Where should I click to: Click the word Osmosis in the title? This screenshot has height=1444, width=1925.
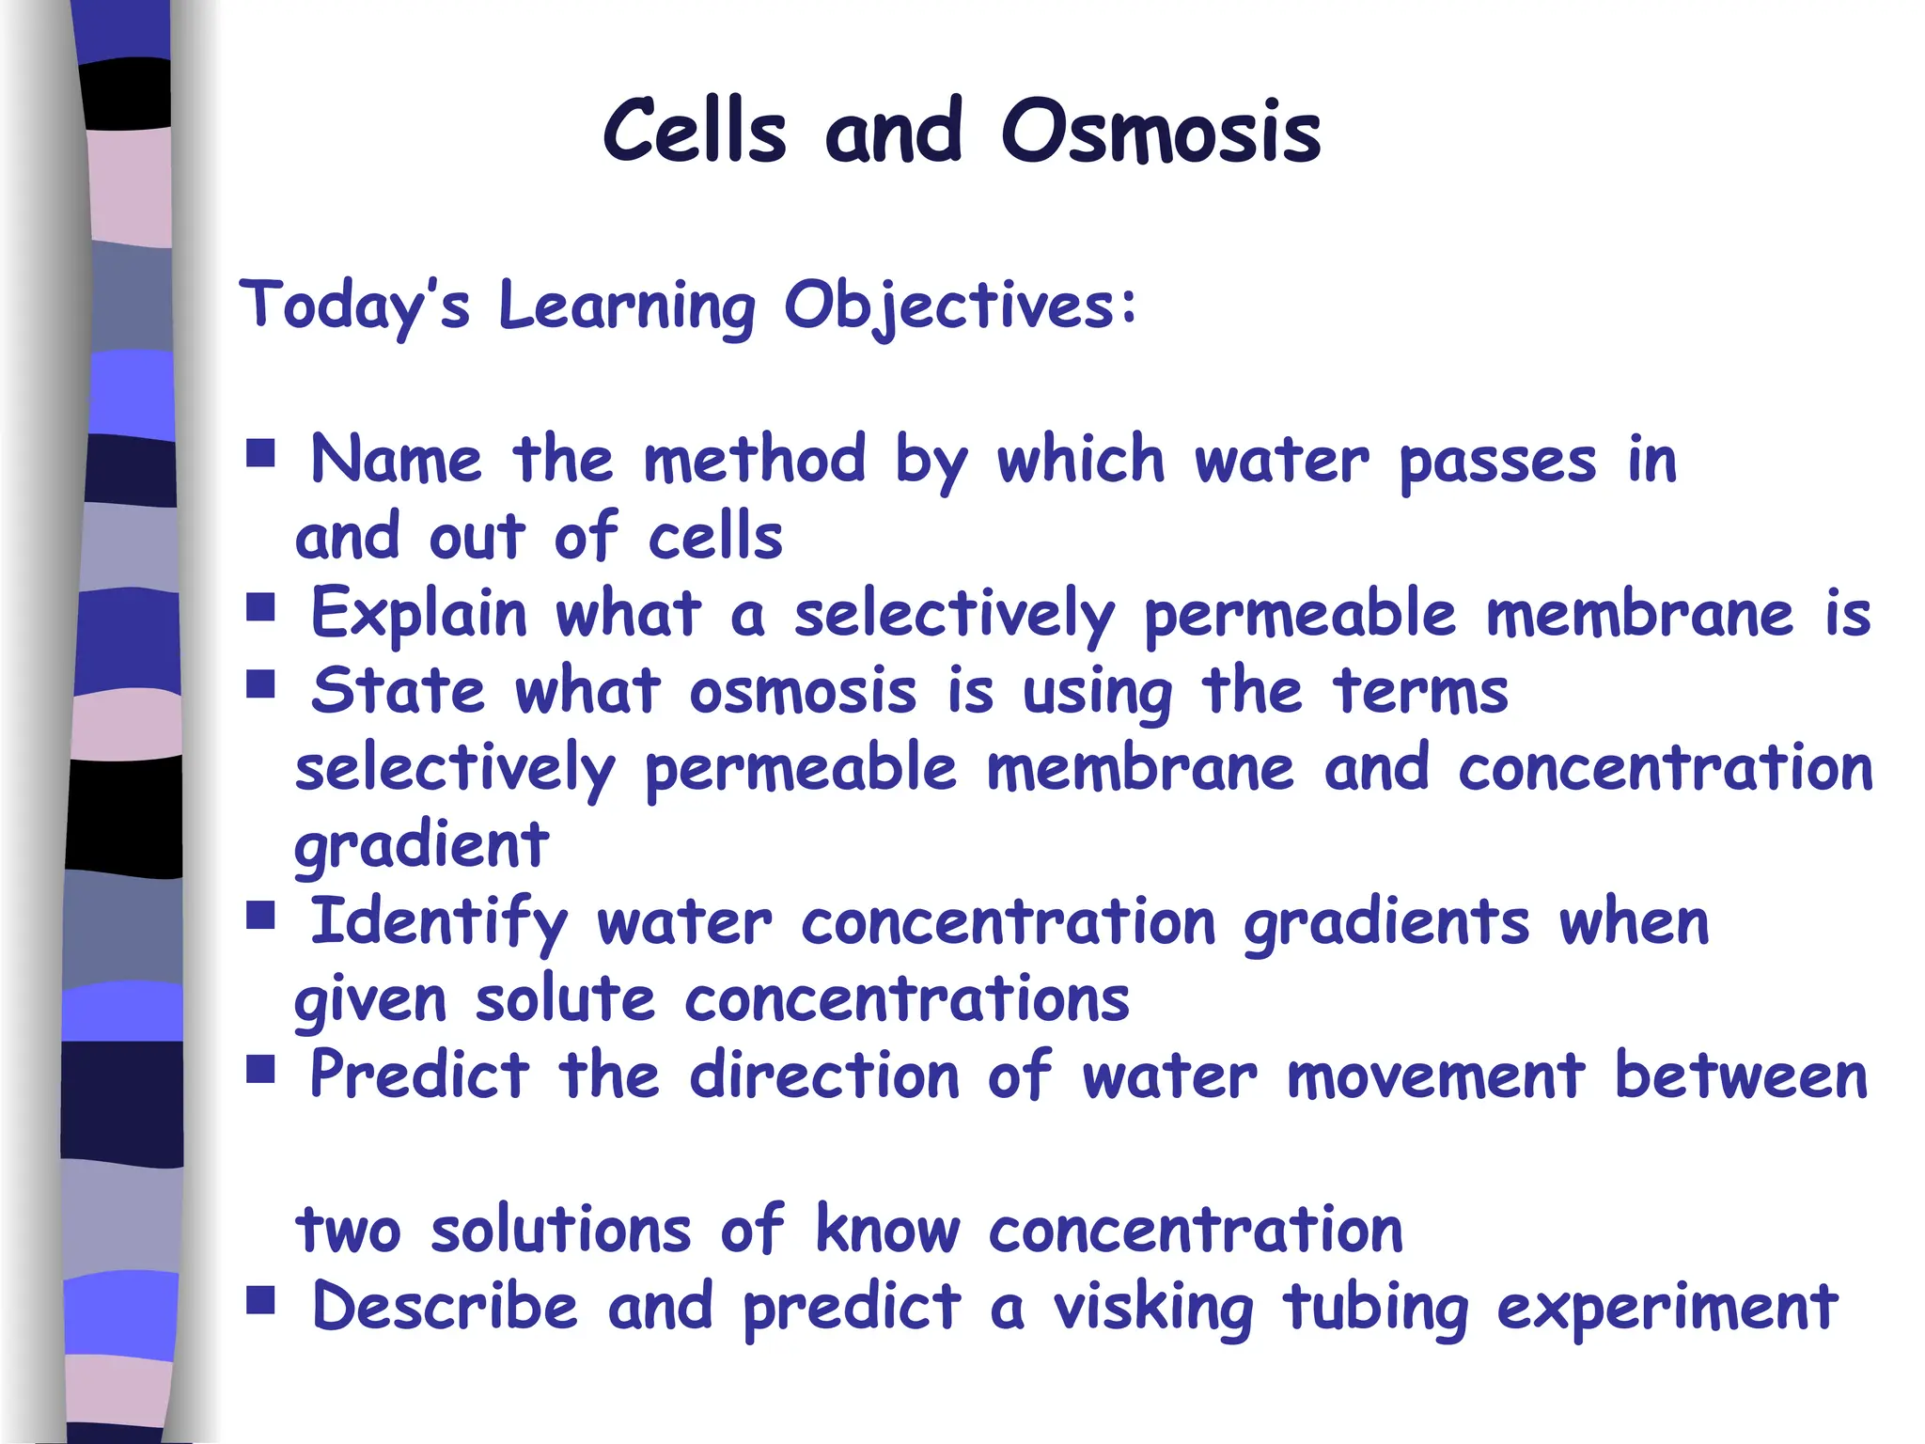coord(1161,133)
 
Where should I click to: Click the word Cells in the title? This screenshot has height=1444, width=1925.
coord(694,132)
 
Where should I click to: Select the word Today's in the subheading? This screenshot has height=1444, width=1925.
coord(354,306)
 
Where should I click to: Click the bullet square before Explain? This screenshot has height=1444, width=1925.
coord(260,607)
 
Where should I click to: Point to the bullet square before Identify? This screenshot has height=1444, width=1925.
coord(260,915)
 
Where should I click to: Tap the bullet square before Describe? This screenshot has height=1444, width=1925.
coord(260,1299)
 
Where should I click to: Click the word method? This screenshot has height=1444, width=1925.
coord(754,461)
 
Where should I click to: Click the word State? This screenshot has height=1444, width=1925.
coord(399,692)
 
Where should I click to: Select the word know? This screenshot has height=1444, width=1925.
coord(887,1230)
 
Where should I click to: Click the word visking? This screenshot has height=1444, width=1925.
coord(1153,1309)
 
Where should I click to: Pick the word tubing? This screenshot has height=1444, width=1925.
coord(1376,1309)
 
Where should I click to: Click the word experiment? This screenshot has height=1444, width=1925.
coord(1667,1309)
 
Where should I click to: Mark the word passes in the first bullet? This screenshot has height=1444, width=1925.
coord(1497,463)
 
